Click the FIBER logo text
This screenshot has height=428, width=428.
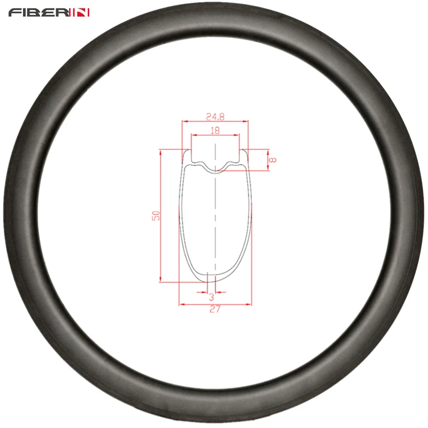[x=40, y=12]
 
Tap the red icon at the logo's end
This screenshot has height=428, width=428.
[x=81, y=12]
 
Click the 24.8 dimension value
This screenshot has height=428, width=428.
[x=216, y=117]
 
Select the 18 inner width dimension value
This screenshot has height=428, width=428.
[x=215, y=130]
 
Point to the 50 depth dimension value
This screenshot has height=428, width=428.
[x=156, y=216]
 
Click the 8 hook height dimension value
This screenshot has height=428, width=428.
[x=273, y=159]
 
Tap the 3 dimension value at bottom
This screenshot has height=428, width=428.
[x=211, y=297]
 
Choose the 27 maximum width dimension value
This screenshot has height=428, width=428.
[x=215, y=309]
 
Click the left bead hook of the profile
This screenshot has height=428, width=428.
[x=187, y=156]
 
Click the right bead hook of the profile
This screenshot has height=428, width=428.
[x=244, y=156]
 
